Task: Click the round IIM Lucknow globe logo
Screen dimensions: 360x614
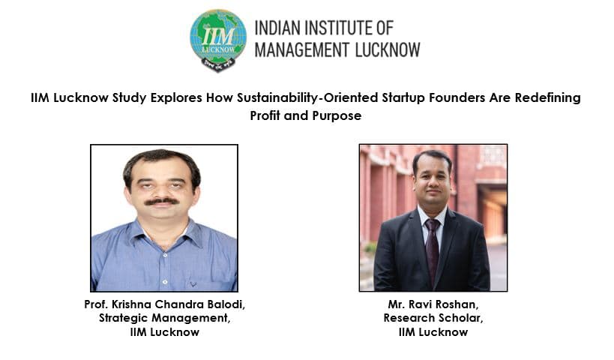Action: pos(218,40)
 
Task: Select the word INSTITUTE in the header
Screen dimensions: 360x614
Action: pos(341,29)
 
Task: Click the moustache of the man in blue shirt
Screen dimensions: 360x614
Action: pos(162,201)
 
